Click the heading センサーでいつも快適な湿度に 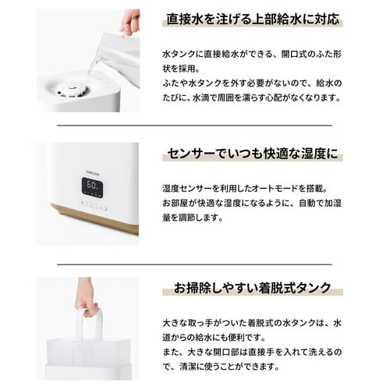tap(251, 154)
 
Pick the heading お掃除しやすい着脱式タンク tap(251, 287)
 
